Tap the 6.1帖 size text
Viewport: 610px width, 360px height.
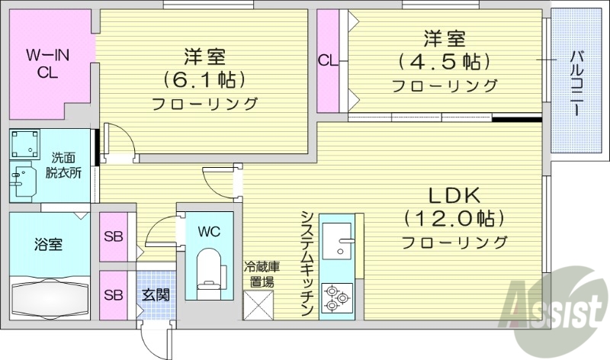pos(203,79)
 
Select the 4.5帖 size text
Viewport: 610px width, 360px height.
pos(444,61)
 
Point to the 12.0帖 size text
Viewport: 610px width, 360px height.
pos(454,219)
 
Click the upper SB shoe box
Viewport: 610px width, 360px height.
pos(114,236)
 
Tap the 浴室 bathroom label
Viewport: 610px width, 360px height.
pos(47,245)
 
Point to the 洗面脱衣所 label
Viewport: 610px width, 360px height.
pos(67,166)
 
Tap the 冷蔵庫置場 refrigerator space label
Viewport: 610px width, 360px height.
pos(258,275)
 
